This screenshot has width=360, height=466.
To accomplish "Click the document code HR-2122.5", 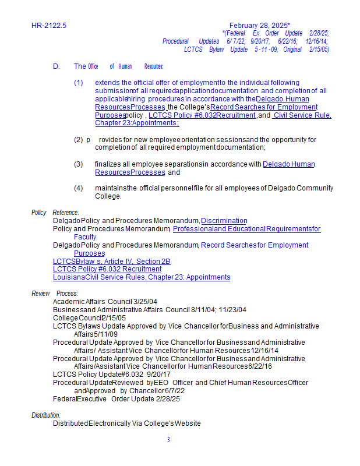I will click(x=49, y=26).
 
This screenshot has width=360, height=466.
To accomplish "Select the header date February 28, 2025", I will click(x=260, y=26).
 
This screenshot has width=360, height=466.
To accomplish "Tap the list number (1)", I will click(x=79, y=83).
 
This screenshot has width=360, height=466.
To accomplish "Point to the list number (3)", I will click(x=79, y=164).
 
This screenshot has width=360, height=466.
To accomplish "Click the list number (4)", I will click(x=79, y=188).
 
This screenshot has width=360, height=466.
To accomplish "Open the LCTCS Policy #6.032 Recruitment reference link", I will click(x=107, y=269).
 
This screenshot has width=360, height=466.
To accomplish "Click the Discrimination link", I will click(x=224, y=221).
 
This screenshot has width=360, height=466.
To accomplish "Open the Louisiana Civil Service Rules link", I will click(x=142, y=277).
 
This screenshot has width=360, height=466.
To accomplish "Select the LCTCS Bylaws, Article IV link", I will click(x=111, y=262).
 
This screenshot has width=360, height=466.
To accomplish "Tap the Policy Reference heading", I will click(x=55, y=213).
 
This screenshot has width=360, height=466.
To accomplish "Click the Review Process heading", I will click(x=55, y=293).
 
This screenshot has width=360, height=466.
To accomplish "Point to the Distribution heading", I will click(x=46, y=415).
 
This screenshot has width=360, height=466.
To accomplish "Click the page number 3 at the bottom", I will click(x=168, y=440).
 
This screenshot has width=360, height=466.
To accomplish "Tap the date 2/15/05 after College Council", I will click(x=115, y=317).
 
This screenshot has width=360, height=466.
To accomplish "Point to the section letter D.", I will click(x=57, y=66).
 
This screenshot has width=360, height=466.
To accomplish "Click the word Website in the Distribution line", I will click(x=188, y=423).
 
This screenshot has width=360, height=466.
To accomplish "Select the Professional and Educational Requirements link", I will click(x=246, y=229).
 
